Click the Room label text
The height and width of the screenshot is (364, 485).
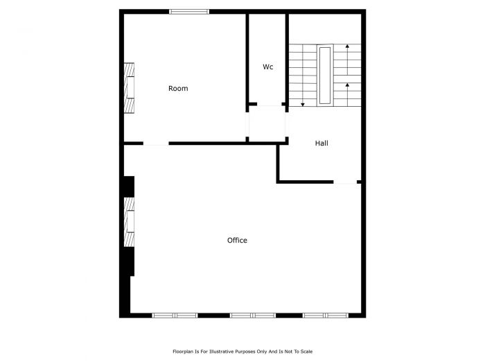[x=178, y=89]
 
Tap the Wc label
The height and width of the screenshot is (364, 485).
[x=267, y=67]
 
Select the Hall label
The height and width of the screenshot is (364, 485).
[x=321, y=144]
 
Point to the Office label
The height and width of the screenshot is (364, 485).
[x=237, y=241]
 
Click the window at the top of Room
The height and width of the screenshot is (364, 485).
[x=189, y=11]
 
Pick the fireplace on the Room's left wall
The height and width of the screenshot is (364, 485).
[x=129, y=88]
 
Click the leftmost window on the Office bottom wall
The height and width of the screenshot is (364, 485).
[x=175, y=315]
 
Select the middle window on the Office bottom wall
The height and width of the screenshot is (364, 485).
[x=253, y=315]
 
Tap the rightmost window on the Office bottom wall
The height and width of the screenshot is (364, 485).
[x=325, y=315]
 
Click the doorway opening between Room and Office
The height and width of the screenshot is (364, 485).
[x=156, y=144]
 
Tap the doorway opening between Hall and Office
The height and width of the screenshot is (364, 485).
[x=345, y=182]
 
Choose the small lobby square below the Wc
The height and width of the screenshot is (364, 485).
[x=267, y=125]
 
